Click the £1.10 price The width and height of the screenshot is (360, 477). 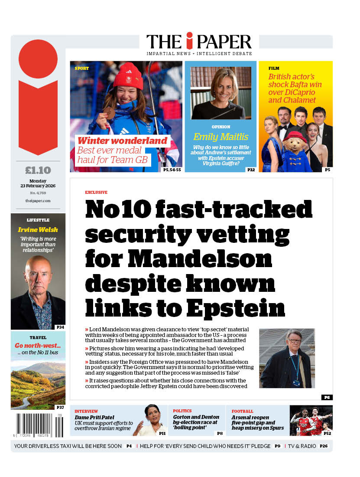38,170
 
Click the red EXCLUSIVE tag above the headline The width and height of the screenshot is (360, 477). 96,192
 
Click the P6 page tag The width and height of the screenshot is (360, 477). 327,397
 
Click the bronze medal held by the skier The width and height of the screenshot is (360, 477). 110,113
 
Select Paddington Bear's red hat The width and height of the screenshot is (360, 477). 295,137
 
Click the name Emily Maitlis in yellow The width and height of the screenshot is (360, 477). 221,137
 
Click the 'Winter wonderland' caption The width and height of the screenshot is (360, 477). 122,140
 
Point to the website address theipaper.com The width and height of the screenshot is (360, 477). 38,201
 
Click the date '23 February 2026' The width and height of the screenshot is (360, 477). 38,186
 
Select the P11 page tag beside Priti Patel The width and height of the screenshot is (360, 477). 162,433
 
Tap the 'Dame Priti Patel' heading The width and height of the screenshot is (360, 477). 94,418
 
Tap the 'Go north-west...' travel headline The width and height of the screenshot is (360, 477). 38,346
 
